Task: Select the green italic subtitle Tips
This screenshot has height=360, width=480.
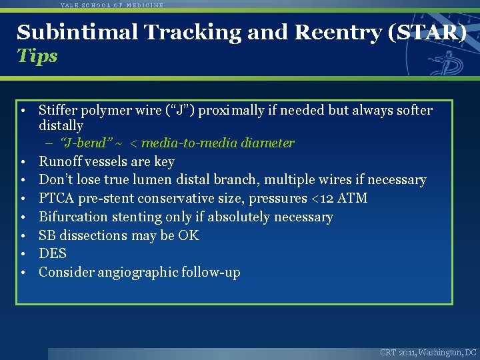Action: tap(37, 56)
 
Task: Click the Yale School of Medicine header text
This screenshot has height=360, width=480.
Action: tap(112, 5)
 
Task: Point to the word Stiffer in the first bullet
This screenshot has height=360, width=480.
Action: tap(59, 110)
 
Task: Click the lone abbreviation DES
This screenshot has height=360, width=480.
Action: tap(53, 253)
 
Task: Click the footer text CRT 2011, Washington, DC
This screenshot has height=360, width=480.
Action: tap(428, 352)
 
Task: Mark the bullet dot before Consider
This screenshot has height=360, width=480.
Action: tap(23, 273)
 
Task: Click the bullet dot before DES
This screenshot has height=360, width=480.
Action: tap(23, 254)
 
